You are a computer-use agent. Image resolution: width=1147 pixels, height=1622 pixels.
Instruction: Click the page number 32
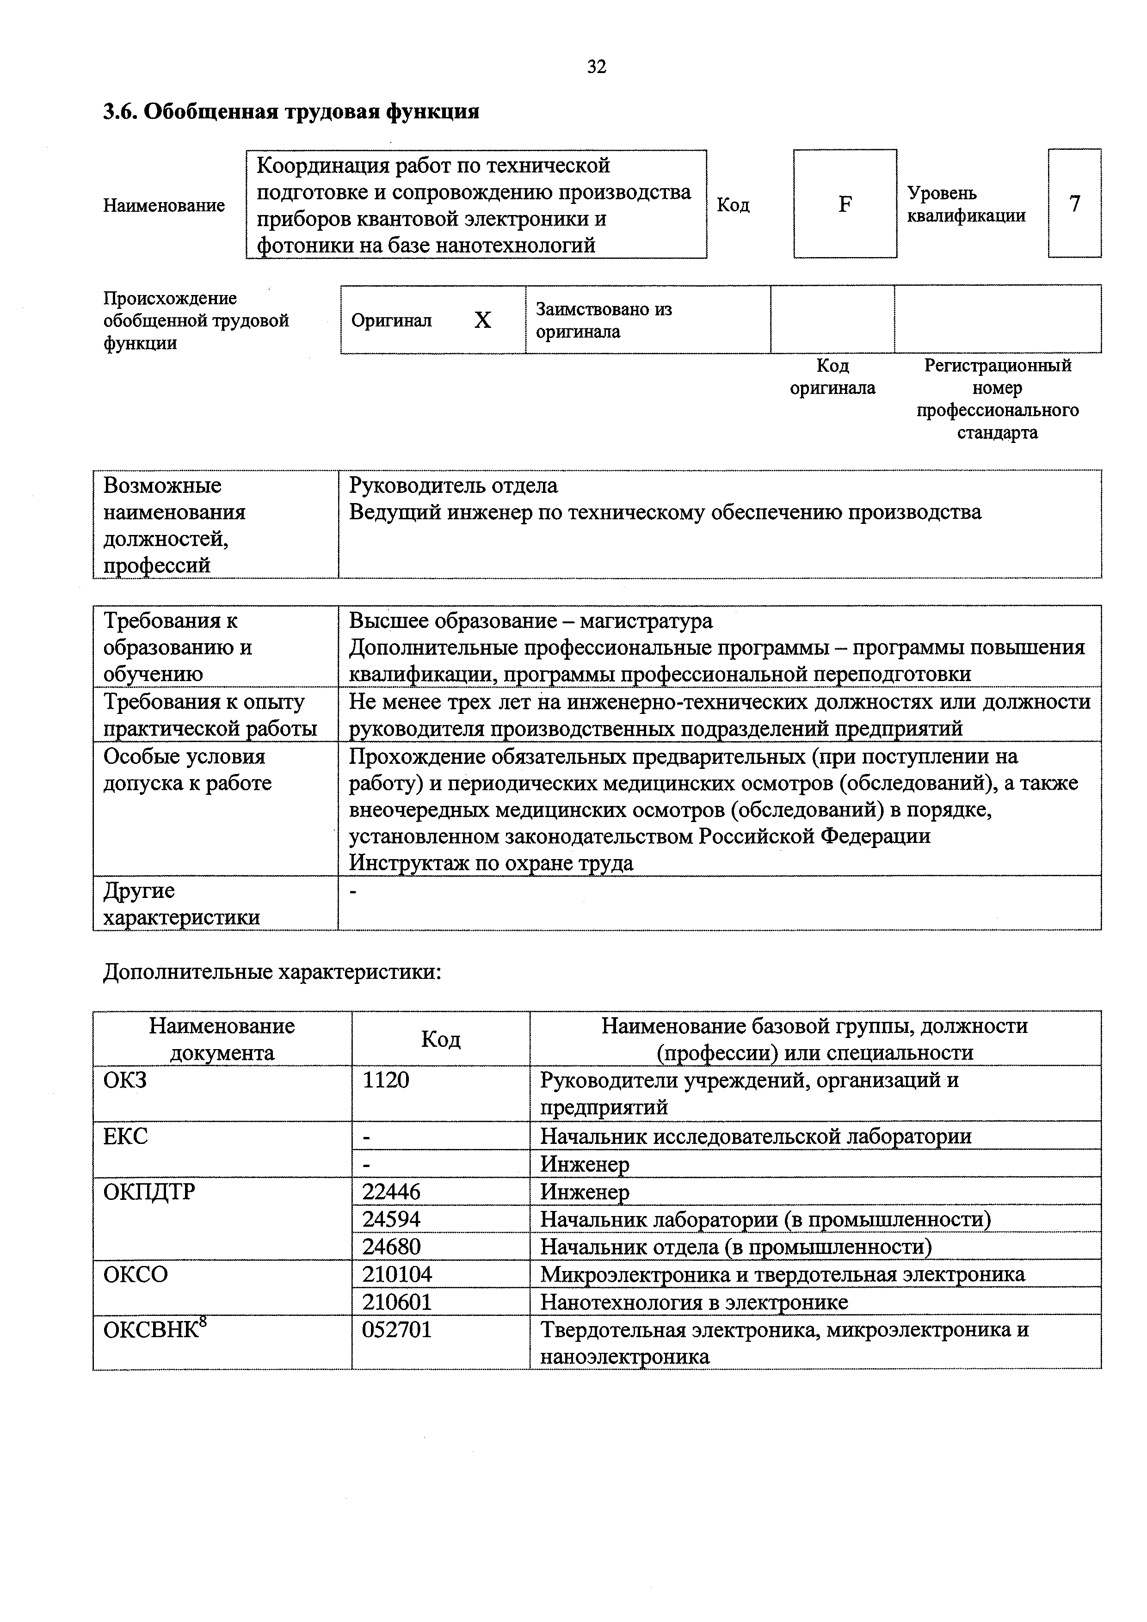pyautogui.click(x=597, y=67)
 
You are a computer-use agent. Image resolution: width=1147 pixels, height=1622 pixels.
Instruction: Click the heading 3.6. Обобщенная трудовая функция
pyautogui.click(x=291, y=111)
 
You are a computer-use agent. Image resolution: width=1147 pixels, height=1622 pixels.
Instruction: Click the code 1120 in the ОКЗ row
pyautogui.click(x=386, y=1080)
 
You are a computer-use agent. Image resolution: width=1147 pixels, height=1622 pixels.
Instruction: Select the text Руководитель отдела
pyautogui.click(x=453, y=486)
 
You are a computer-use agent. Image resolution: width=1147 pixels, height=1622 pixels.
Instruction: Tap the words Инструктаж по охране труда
pyautogui.click(x=491, y=863)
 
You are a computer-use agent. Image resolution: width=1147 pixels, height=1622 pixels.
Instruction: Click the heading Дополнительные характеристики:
pyautogui.click(x=272, y=973)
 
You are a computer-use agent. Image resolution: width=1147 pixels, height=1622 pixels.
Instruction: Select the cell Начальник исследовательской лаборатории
pyautogui.click(x=755, y=1137)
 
